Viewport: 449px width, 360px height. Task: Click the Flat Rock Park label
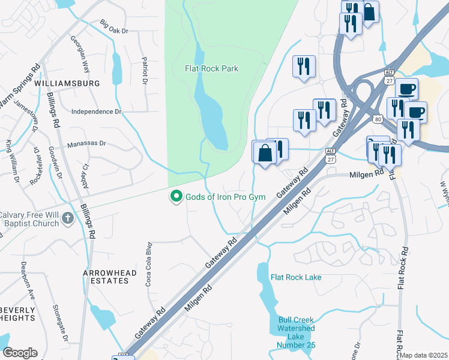[x=211, y=68]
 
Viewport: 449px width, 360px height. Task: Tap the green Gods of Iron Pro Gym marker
[x=176, y=197]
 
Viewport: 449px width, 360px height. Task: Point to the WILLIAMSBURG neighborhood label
[x=67, y=83]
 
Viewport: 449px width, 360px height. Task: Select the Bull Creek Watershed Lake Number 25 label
[x=296, y=332]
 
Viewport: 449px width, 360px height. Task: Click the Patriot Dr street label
[x=145, y=70]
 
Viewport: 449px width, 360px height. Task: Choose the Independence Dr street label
[x=96, y=112]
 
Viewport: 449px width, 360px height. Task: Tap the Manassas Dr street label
[x=86, y=143]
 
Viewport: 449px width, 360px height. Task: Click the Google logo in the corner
[x=20, y=353]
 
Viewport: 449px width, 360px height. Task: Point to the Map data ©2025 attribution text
[x=424, y=355]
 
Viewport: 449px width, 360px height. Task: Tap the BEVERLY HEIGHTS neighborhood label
[x=18, y=315]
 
